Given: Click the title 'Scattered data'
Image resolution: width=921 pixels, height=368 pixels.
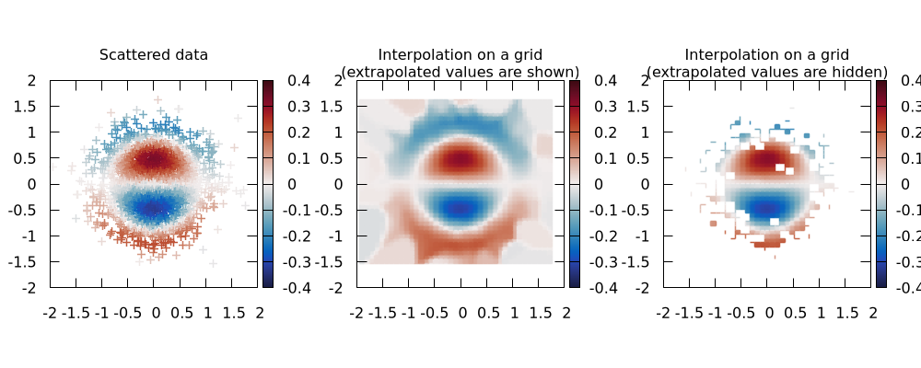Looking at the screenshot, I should tap(154, 55).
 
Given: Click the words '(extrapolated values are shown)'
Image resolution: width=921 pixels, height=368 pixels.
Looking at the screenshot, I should tap(460, 72).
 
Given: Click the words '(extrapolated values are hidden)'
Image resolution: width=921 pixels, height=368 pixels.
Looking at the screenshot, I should tap(767, 72).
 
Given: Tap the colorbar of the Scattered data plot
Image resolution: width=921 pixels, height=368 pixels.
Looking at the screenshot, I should tap(268, 184).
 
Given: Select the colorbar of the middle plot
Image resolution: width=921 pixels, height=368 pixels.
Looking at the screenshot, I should tap(575, 184).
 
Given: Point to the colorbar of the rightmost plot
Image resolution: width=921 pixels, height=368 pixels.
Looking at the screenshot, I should tap(880, 184).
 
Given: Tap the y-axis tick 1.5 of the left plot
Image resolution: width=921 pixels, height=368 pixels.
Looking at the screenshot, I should tap(28, 107).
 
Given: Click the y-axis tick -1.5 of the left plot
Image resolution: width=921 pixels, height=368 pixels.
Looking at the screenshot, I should tap(25, 262).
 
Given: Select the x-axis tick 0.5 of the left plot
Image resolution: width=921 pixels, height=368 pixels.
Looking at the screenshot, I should tap(181, 314).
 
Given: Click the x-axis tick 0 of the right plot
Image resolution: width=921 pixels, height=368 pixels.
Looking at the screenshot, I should tap(768, 314).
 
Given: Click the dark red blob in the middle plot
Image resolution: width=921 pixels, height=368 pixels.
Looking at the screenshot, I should tap(460, 159).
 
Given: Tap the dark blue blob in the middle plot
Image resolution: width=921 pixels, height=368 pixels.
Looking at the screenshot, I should tap(460, 208).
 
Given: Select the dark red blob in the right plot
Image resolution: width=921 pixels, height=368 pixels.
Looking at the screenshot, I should tap(767, 159).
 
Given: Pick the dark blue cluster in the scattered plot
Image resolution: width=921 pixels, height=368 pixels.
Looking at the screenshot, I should tap(154, 208).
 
